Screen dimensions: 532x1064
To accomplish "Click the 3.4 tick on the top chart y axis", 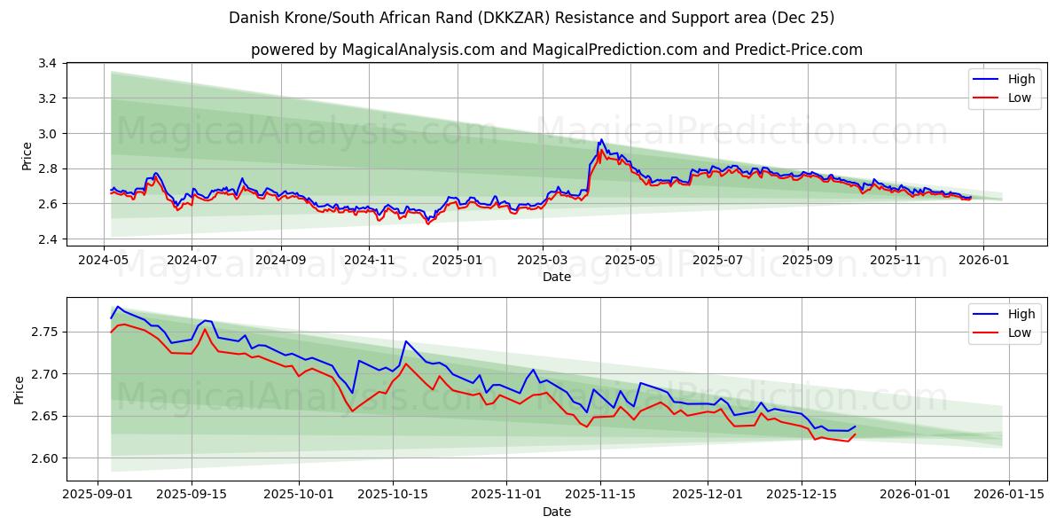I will coord(47,64).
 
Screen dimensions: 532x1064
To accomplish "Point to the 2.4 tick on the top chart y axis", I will coord(47,239).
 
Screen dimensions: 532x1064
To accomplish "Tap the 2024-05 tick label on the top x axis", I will coord(105,261).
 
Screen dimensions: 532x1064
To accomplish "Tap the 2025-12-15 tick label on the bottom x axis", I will coord(802,495).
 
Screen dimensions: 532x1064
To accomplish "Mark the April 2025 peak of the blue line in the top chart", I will coord(602,139).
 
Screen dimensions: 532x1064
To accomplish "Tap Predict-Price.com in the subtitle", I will coord(798,50).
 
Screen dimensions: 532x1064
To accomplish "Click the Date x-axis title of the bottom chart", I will coord(557,512).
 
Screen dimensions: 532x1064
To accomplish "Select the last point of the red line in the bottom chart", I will coord(855,434).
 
